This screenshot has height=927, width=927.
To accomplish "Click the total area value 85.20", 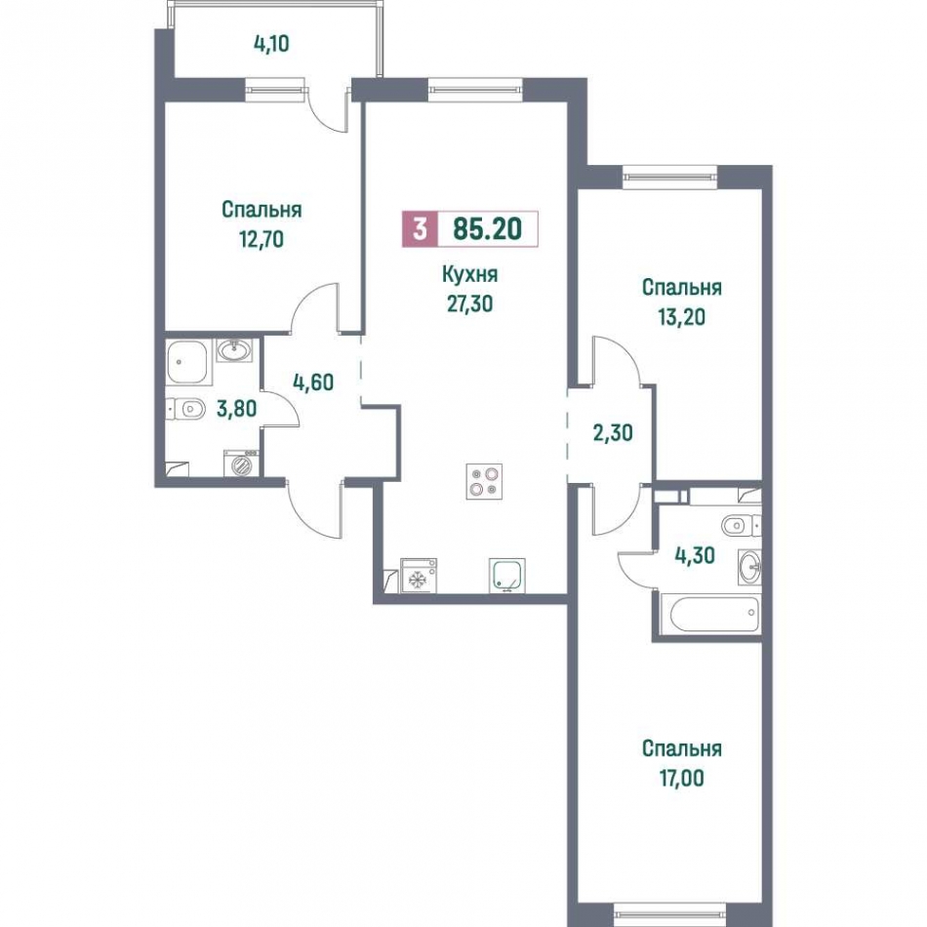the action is [488, 228].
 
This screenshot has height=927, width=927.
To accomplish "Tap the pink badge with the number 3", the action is [420, 228].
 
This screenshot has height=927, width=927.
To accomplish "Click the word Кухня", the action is [470, 274].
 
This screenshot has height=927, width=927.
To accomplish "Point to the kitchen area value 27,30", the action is [470, 303].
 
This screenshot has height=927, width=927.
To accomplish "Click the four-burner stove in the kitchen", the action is [484, 481].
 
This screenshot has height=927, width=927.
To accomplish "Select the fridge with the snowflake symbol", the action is [418, 576].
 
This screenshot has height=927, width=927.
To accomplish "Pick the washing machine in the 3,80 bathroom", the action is [241, 463].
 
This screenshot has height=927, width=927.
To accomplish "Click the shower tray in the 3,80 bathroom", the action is [188, 361].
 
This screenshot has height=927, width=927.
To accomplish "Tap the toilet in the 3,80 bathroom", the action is [186, 408].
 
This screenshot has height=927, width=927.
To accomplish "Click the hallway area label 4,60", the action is [313, 383].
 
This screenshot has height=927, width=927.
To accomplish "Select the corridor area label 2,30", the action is [613, 432].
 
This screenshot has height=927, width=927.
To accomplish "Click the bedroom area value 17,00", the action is [682, 778].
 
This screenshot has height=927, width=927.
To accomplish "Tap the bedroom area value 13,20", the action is [682, 317].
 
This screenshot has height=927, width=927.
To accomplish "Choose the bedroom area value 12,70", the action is [262, 239].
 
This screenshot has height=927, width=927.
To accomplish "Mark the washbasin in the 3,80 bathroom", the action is [235, 350].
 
